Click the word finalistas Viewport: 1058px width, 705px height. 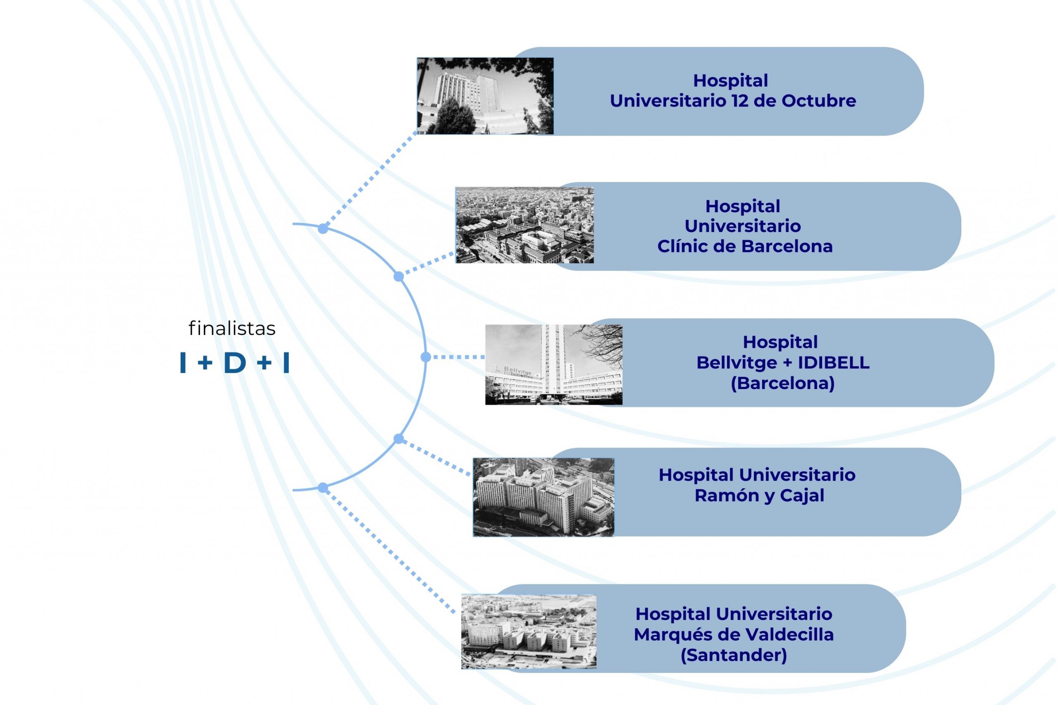tap(232, 329)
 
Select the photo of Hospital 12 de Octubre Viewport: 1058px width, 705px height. tap(485, 96)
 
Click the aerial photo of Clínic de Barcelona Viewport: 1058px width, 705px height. tap(524, 225)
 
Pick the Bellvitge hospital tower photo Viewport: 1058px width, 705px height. tap(554, 365)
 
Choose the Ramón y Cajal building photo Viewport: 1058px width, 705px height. tap(543, 497)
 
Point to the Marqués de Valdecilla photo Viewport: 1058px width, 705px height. tap(529, 632)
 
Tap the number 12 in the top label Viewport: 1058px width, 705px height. tap(740, 101)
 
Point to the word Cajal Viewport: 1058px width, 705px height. tap(802, 496)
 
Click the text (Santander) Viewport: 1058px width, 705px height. tap(734, 655)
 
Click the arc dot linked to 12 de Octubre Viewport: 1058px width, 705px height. tap(323, 228)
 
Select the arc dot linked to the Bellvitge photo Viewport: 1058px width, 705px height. tap(426, 357)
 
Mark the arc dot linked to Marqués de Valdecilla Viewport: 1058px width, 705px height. tap(323, 488)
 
